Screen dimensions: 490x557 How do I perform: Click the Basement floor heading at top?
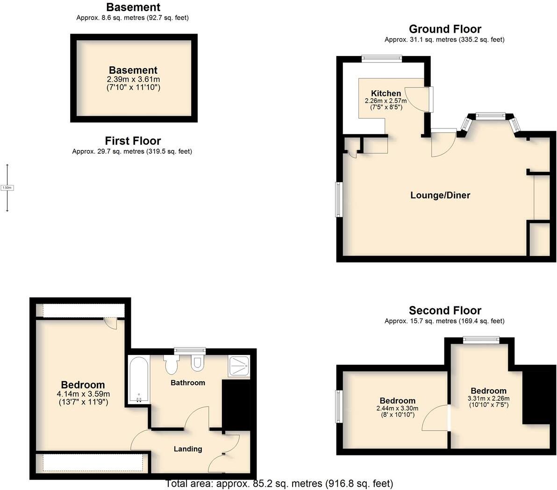[133, 7]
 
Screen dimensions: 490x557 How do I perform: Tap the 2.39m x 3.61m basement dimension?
[133, 79]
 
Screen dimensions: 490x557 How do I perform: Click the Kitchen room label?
[386, 93]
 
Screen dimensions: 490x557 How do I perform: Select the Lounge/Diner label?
[440, 195]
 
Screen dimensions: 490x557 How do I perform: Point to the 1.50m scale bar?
[7, 188]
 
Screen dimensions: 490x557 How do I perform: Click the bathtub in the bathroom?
[139, 380]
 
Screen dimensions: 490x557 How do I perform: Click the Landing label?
[188, 449]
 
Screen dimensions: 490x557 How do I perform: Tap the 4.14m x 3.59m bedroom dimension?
[83, 394]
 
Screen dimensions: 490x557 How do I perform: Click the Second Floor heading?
[445, 311]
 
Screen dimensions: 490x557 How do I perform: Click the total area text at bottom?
[279, 483]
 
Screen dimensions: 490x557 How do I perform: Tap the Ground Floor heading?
[445, 29]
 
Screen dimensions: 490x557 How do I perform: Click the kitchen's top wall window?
[382, 58]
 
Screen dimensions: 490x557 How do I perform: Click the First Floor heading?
[133, 141]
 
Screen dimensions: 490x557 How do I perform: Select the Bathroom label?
[188, 383]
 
